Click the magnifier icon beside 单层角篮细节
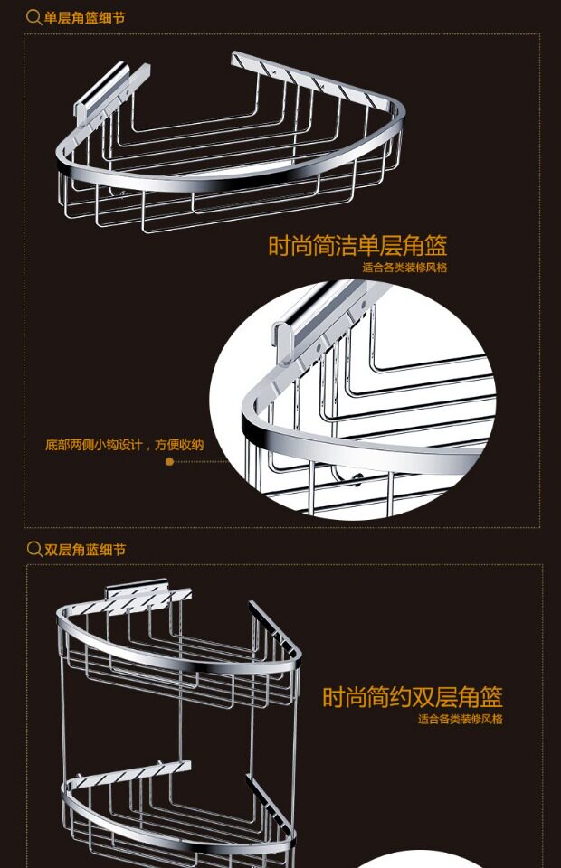[33, 16]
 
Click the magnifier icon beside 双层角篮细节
[34, 550]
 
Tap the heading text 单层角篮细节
[84, 16]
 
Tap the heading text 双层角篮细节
[85, 550]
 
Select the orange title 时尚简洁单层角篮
[357, 246]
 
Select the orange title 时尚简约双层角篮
[413, 697]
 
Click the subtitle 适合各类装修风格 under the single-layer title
[404, 268]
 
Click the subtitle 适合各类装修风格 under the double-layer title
[460, 720]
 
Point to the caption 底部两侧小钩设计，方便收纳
[125, 445]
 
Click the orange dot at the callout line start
[169, 461]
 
